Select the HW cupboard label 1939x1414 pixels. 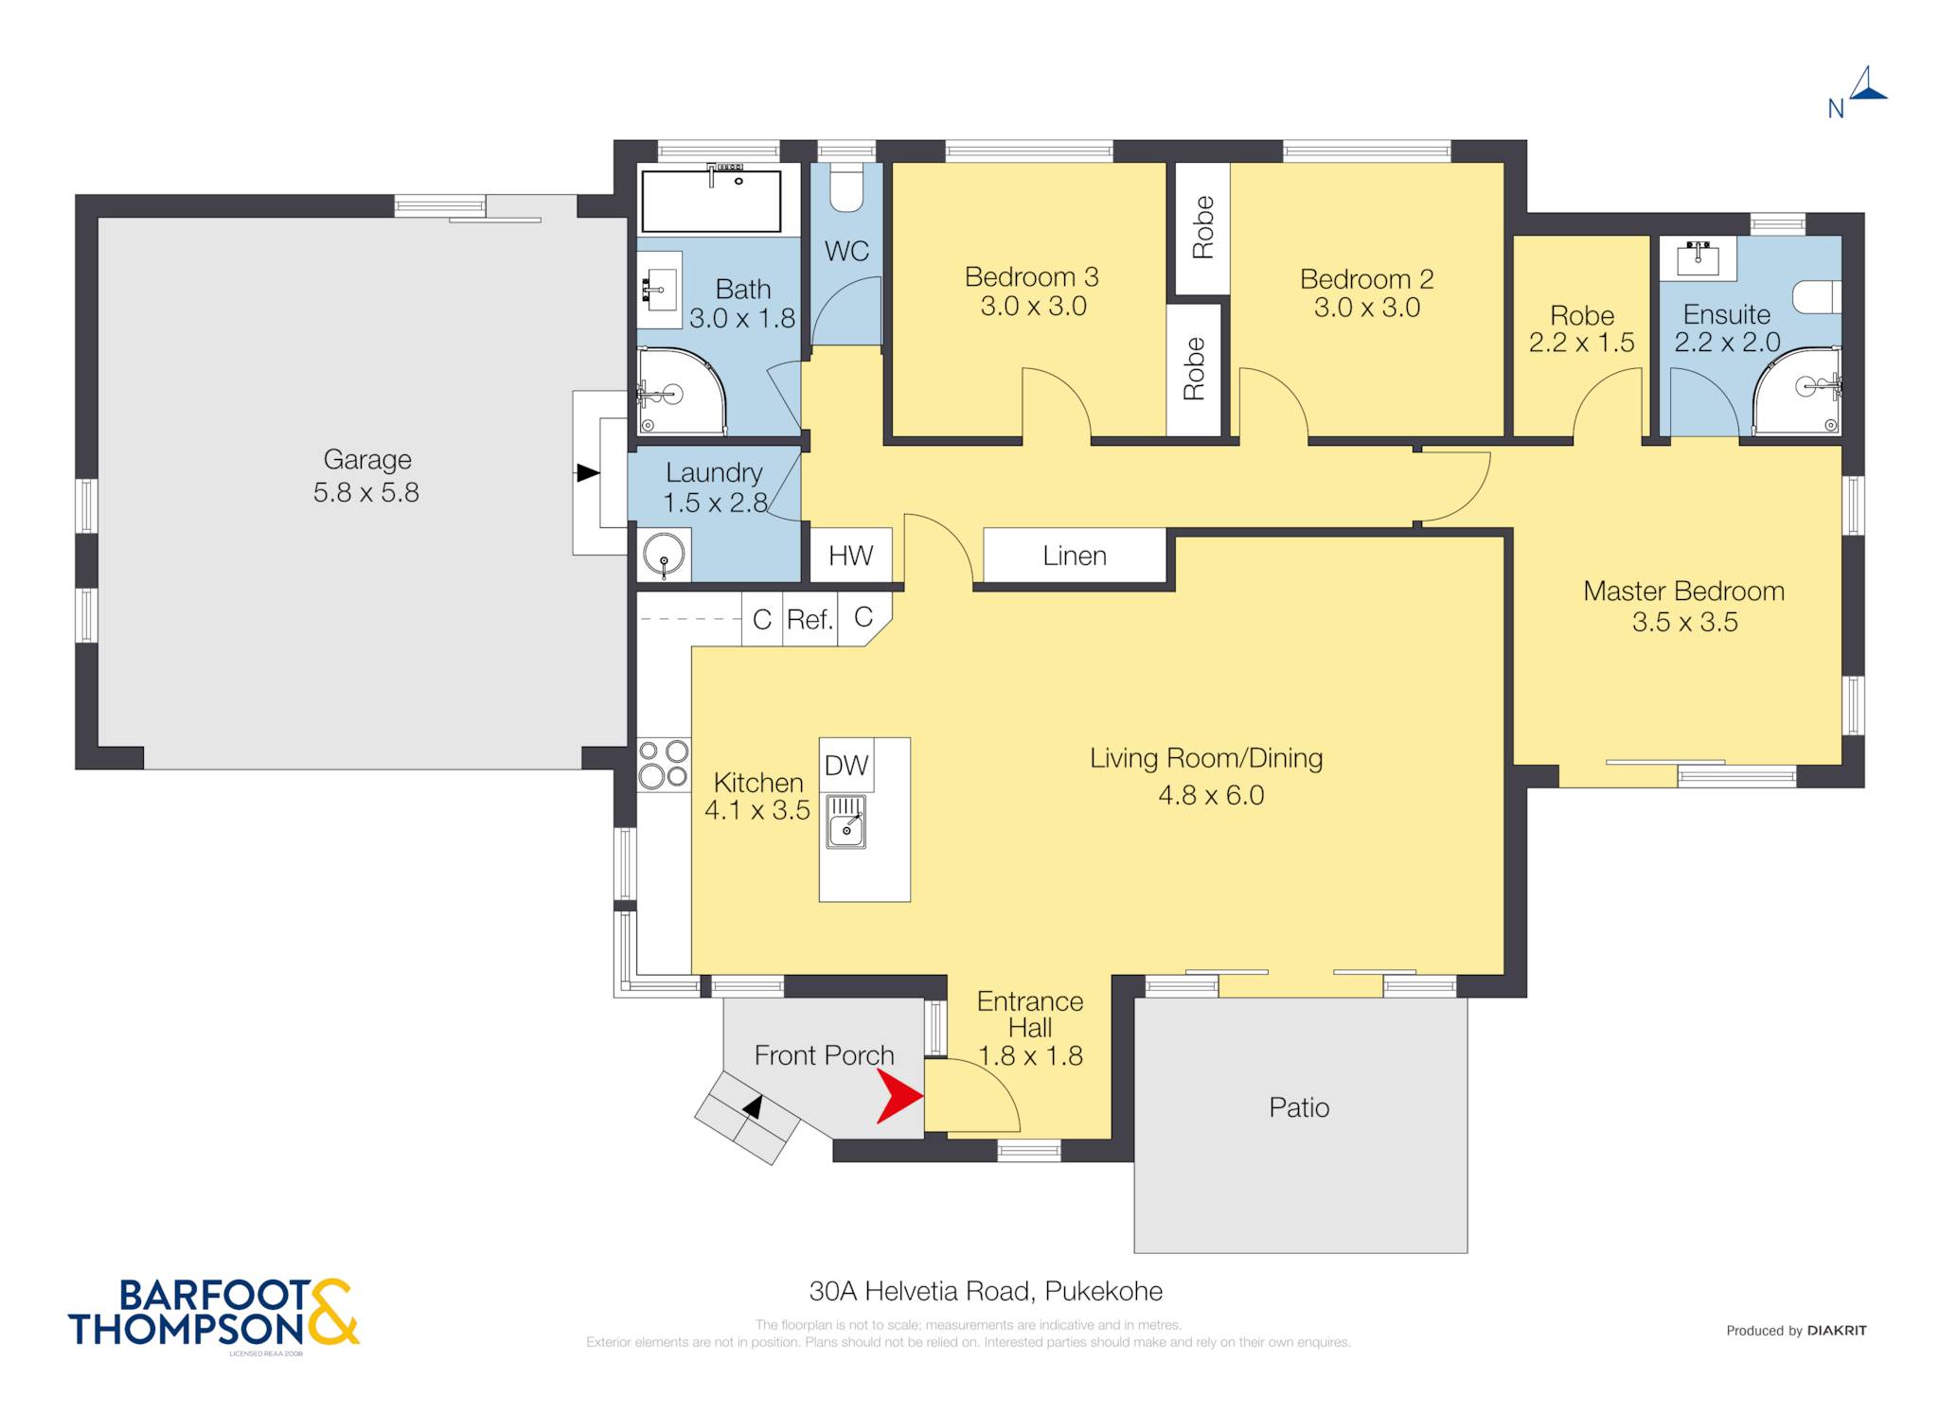[x=850, y=556]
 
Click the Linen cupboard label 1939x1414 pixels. [x=1075, y=556]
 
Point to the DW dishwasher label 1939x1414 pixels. [x=845, y=765]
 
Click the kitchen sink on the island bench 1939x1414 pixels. [x=846, y=822]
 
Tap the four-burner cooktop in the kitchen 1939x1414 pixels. [x=663, y=765]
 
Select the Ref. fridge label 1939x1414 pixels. [x=809, y=619]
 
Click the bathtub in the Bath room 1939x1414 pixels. [x=711, y=200]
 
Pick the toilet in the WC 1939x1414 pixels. [x=846, y=187]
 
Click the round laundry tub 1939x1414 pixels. [x=664, y=555]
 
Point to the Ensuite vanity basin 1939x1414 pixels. [x=1698, y=257]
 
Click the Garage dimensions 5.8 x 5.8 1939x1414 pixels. [x=366, y=492]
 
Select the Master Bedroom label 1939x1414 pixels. [x=1683, y=591]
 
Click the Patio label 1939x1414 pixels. [x=1299, y=1107]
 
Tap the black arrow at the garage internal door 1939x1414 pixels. [x=588, y=472]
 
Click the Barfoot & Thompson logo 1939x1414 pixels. [x=214, y=1313]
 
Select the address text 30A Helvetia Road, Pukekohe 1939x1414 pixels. [x=986, y=1291]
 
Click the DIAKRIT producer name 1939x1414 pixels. [x=1837, y=1331]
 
